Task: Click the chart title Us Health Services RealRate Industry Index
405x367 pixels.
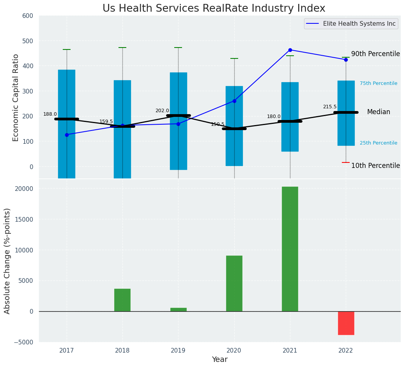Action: click(214, 9)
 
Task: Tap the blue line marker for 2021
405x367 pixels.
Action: click(290, 50)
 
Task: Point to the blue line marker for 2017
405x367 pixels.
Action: click(67, 135)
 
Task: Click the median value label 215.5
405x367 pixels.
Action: click(329, 107)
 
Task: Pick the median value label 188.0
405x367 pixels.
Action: click(50, 114)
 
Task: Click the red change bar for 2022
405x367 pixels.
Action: click(346, 323)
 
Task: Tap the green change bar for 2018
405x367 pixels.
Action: click(122, 300)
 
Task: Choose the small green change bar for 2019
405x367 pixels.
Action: click(178, 309)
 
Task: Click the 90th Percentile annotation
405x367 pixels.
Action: click(375, 54)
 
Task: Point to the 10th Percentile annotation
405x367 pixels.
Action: click(375, 166)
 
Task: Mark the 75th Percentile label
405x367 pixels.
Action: click(378, 83)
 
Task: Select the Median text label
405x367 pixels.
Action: click(378, 112)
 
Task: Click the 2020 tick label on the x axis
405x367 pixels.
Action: click(234, 351)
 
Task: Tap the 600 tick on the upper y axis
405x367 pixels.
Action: click(30, 16)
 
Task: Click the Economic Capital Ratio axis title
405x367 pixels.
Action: click(16, 97)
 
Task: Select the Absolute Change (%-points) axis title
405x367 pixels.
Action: click(7, 261)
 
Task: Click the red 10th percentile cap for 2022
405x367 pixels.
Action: click(346, 162)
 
